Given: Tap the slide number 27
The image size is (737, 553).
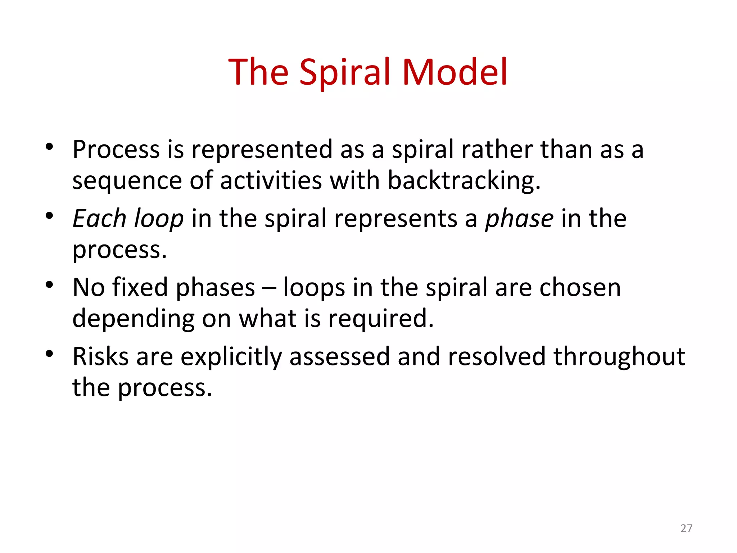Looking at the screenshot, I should [x=686, y=528].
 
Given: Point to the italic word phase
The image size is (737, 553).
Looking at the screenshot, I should [x=519, y=219].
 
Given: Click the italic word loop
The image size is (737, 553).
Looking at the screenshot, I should [x=158, y=219].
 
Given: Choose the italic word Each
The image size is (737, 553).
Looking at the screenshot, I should [x=99, y=219].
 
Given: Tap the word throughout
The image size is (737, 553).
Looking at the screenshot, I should [x=619, y=357].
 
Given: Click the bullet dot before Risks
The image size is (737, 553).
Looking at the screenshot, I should [x=50, y=354].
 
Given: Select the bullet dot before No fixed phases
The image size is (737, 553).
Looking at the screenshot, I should [x=50, y=285].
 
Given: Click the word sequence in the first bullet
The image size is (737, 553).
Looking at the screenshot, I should [x=127, y=181].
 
